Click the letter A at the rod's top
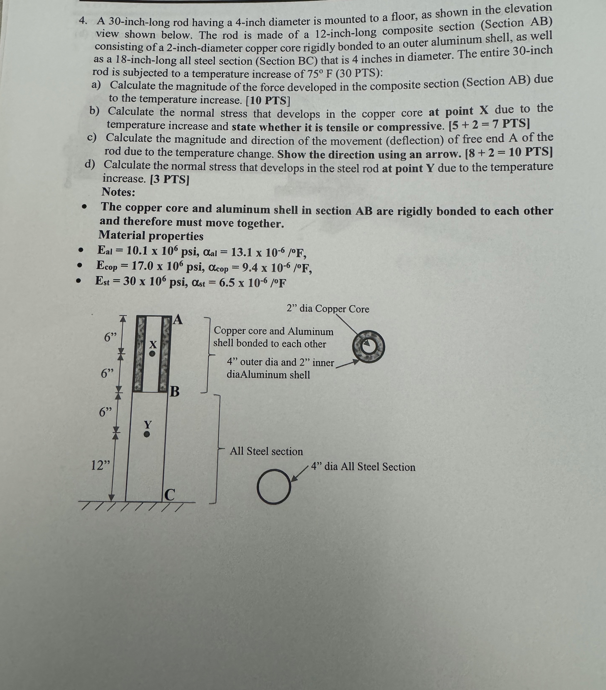click(178, 319)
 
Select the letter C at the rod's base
click(170, 495)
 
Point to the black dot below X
click(152, 354)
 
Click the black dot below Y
click(146, 435)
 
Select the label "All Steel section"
click(266, 451)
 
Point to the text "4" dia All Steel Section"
click(363, 467)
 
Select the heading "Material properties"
click(151, 236)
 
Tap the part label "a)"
click(96, 85)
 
